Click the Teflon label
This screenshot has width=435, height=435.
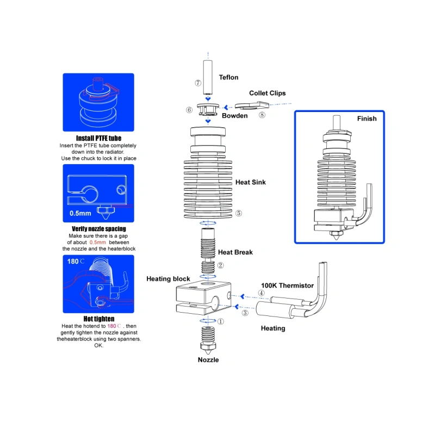[228, 77]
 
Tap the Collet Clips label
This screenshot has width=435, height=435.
[268, 93]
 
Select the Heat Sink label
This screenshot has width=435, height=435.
[251, 182]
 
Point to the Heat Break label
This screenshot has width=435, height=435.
[235, 252]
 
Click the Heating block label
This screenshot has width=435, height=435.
[168, 279]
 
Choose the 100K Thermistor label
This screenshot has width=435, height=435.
[287, 285]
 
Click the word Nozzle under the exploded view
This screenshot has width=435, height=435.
[208, 360]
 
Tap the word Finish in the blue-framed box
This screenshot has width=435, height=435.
[366, 119]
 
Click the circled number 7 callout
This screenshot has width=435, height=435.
[198, 83]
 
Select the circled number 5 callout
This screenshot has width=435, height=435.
[239, 213]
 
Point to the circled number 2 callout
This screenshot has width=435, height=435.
[220, 265]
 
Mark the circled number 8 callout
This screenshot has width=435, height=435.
[262, 115]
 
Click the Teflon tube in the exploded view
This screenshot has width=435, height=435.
[208, 77]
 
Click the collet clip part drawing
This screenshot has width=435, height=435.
[252, 105]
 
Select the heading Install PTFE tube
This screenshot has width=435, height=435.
[99, 138]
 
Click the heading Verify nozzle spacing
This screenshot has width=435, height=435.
[99, 229]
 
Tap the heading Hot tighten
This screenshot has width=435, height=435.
[99, 319]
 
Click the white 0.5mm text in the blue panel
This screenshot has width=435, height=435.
[80, 213]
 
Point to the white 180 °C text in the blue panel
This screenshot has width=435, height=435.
[76, 262]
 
